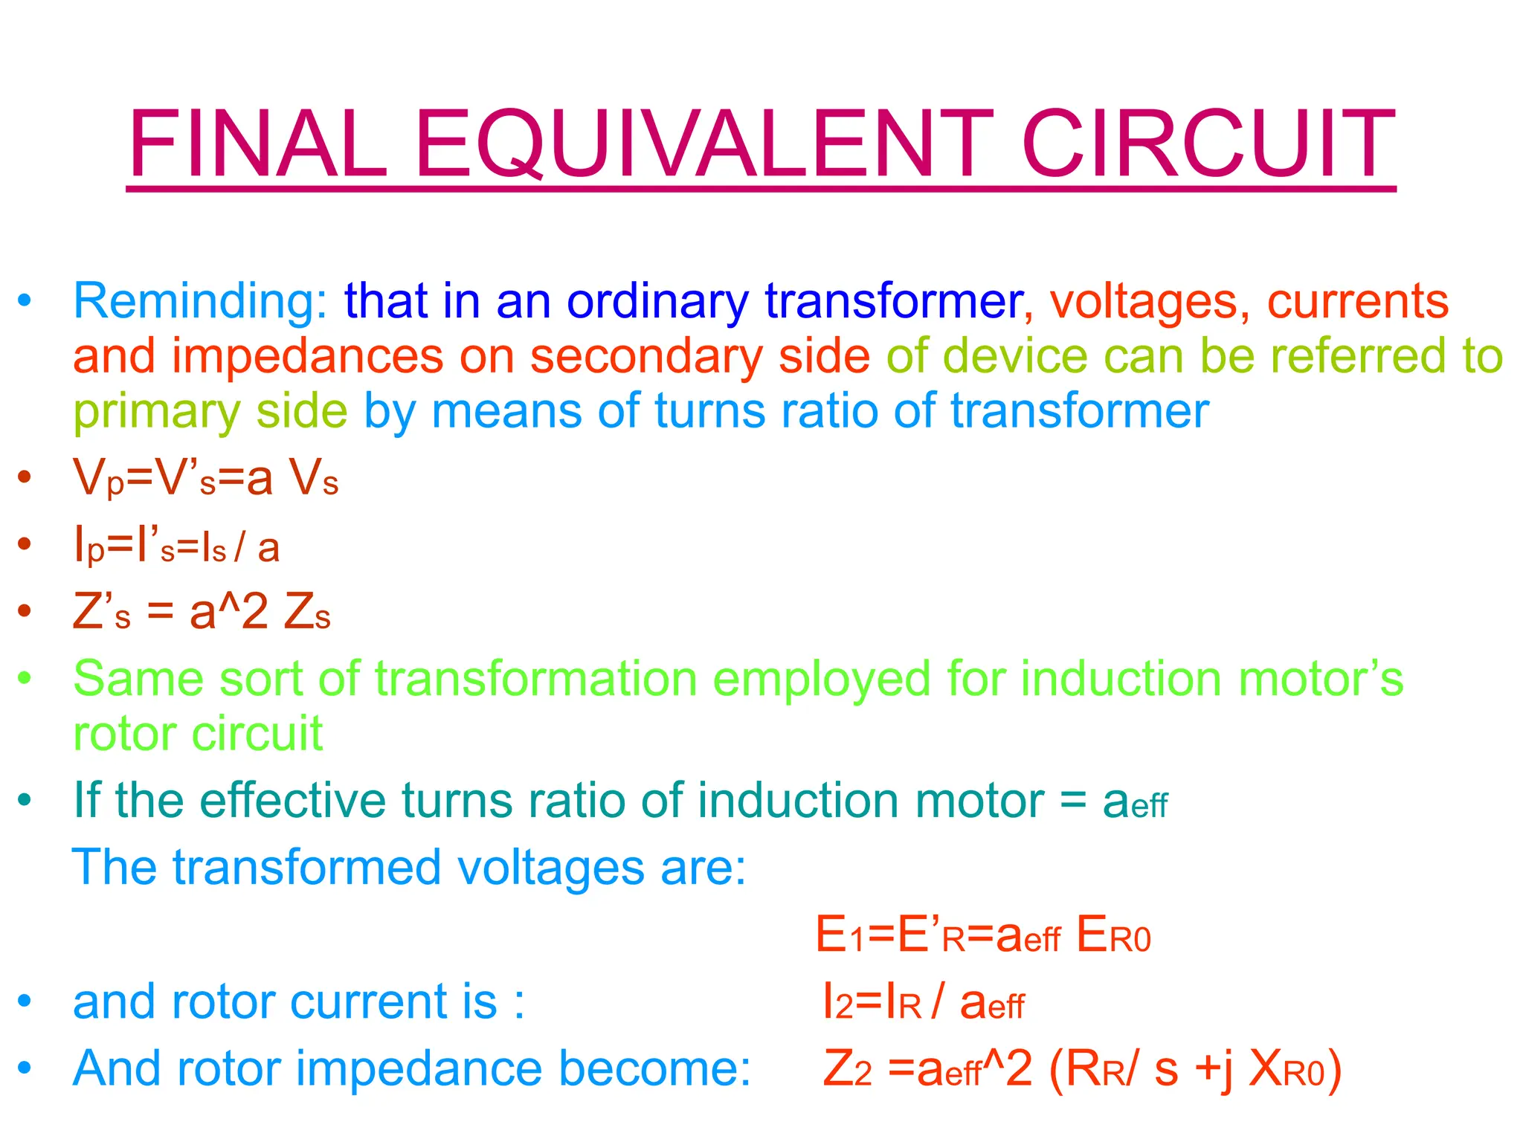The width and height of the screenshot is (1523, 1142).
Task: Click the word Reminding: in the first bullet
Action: point(200,302)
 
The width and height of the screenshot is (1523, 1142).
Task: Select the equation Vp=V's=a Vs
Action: point(205,478)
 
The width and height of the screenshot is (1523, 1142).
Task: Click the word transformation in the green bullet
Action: point(535,679)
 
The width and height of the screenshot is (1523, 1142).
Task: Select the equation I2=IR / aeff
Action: point(923,1002)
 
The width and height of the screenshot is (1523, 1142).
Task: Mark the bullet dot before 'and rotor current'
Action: point(25,1001)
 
